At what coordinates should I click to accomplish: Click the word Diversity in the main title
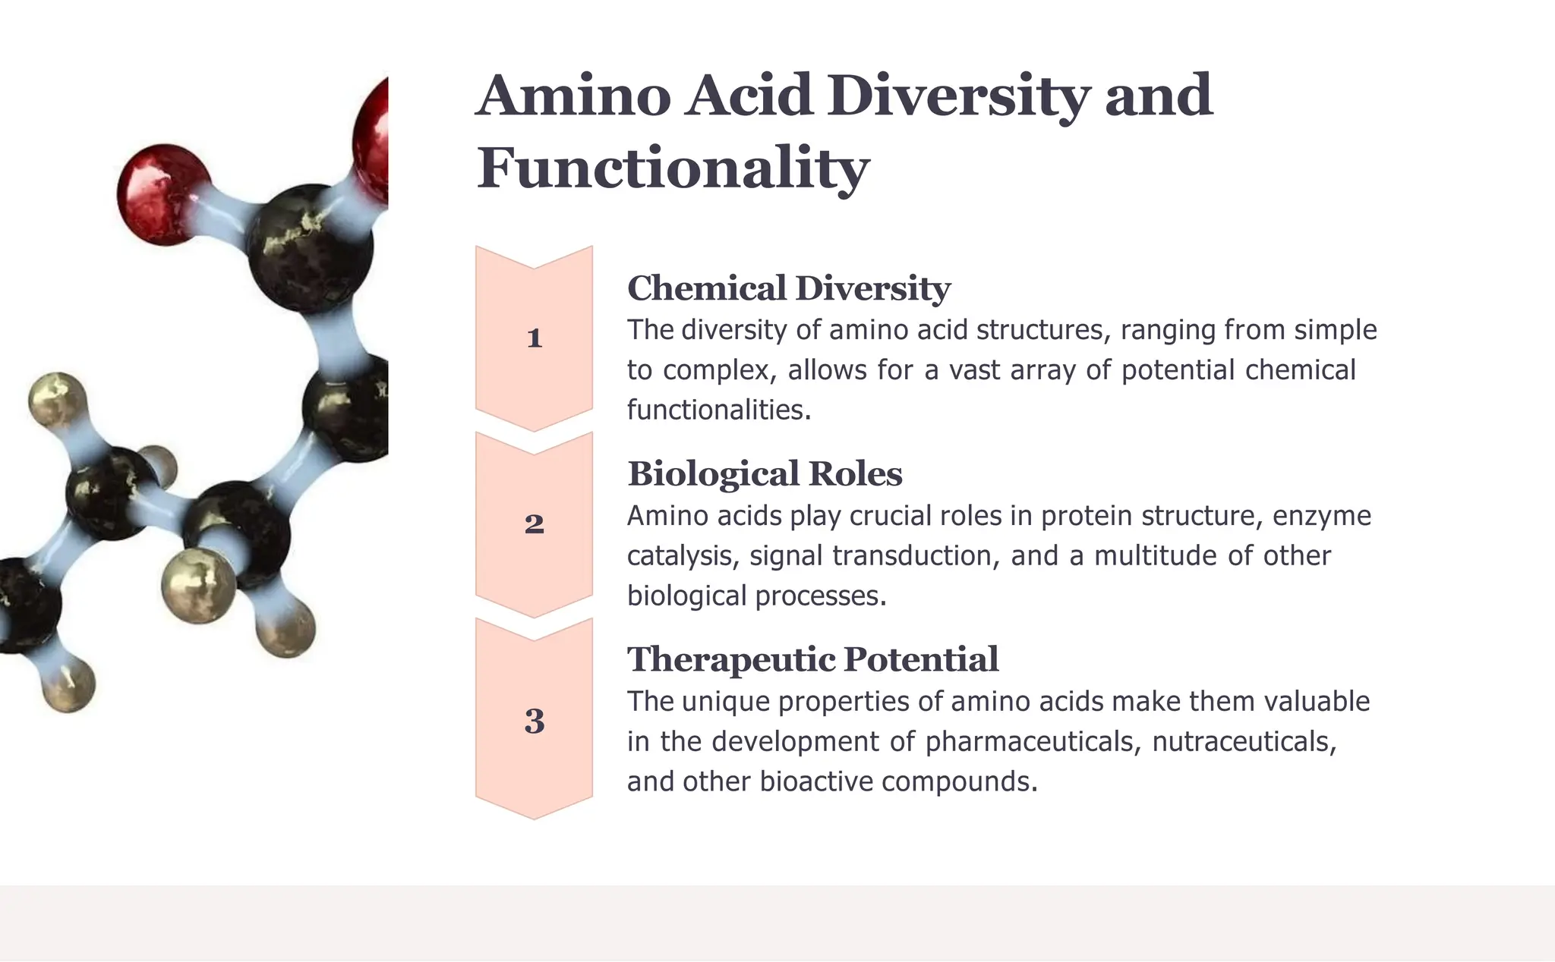[x=959, y=97]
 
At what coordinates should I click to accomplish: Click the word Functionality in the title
[x=673, y=168]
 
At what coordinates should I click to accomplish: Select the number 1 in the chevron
[x=534, y=338]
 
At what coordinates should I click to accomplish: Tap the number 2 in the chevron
[x=534, y=523]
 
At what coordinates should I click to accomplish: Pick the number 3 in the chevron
[x=534, y=721]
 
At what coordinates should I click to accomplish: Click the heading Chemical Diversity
[x=788, y=288]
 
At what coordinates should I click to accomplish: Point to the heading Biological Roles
[x=765, y=474]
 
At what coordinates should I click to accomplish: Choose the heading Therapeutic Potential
[x=812, y=659]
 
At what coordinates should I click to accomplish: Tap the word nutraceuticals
[x=1244, y=741]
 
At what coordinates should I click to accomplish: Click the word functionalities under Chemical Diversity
[x=718, y=410]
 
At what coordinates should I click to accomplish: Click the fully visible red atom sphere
[x=162, y=193]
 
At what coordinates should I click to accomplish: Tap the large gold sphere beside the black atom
[x=199, y=585]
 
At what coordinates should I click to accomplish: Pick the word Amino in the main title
[x=574, y=97]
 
